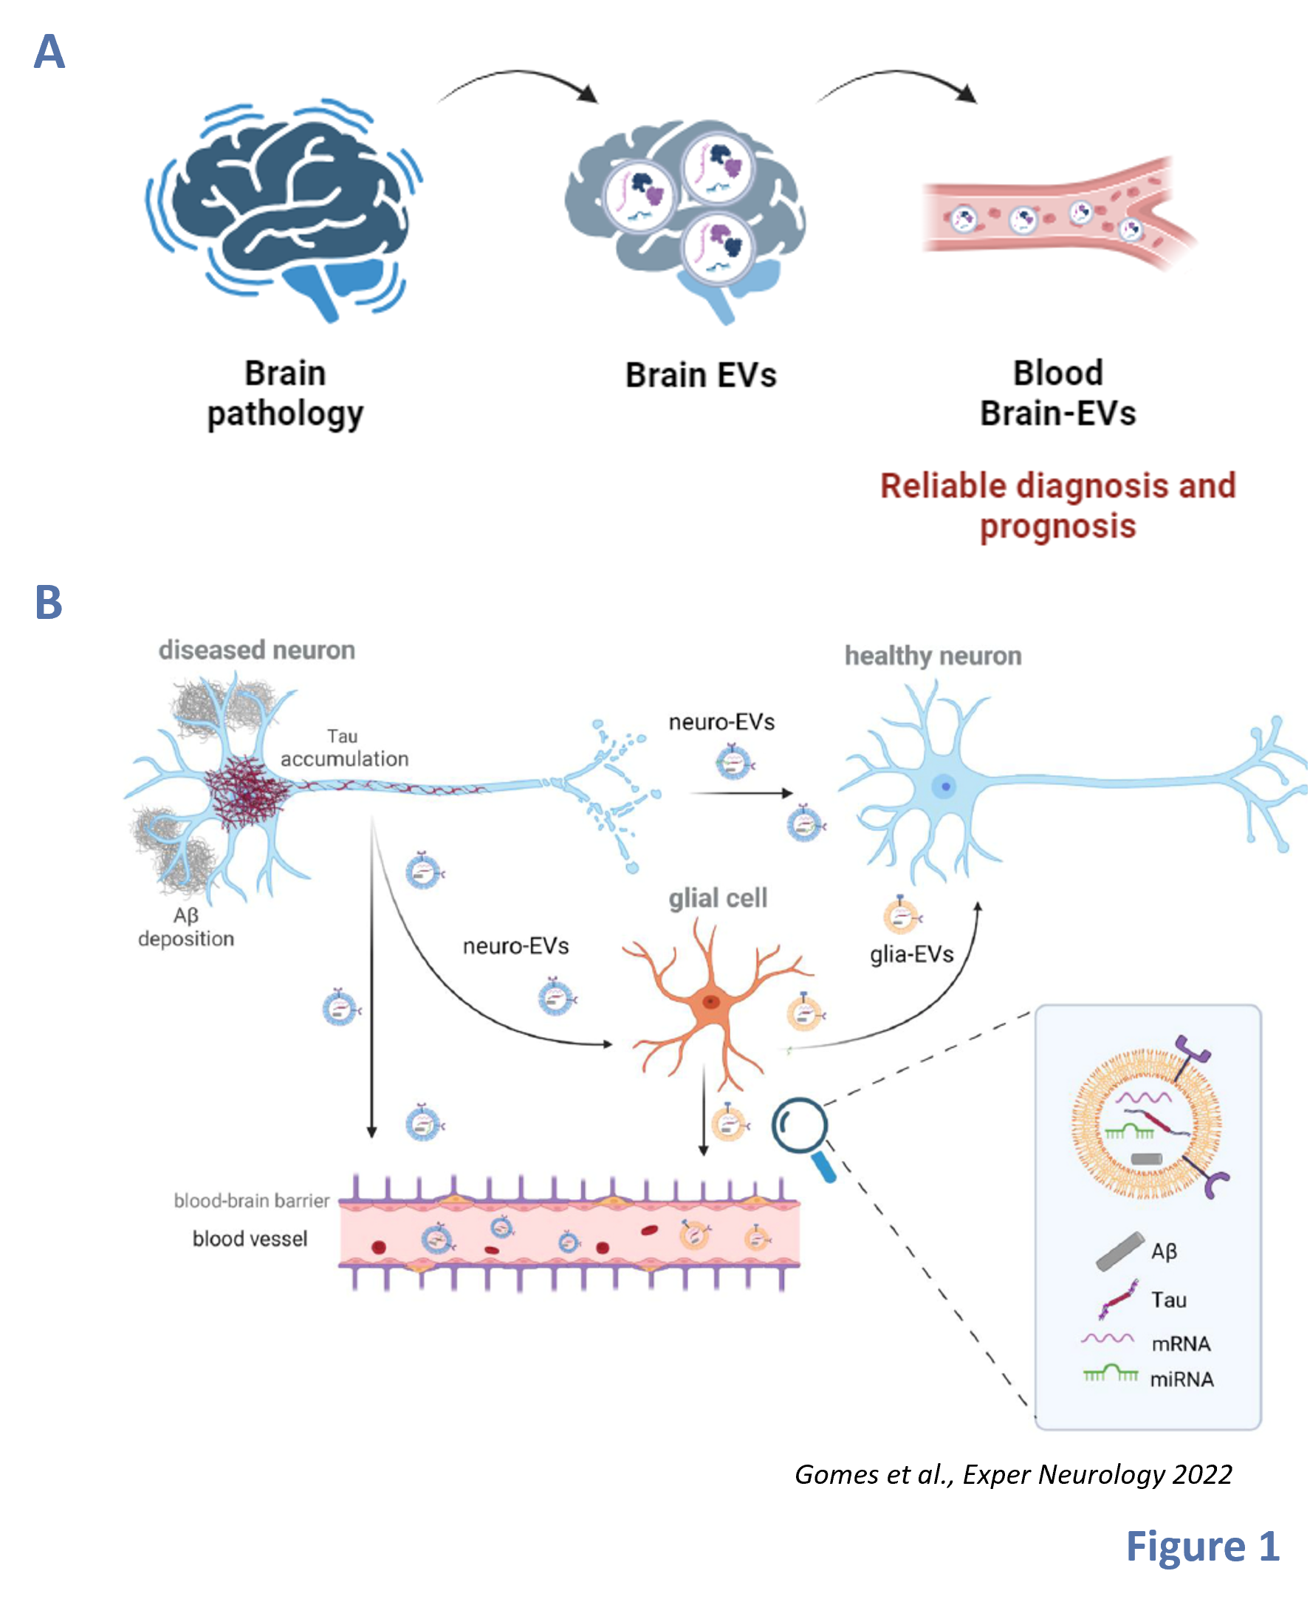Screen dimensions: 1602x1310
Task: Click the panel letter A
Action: click(49, 53)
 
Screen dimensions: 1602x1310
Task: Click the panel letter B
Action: click(49, 603)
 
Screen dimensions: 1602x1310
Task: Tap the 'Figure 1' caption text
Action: click(1202, 1546)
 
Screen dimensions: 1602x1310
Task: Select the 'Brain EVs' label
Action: click(700, 375)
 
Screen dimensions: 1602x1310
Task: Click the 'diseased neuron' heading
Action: click(256, 651)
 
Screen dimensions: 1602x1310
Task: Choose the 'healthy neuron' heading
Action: click(933, 656)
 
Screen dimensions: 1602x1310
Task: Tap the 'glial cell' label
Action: click(718, 898)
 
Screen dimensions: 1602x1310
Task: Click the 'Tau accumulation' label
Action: click(344, 747)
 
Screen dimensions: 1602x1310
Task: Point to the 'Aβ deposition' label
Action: click(186, 928)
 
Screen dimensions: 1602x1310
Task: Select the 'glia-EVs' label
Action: click(911, 954)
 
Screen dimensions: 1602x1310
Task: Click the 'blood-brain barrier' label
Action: click(251, 1200)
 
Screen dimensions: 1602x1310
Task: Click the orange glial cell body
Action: click(710, 1003)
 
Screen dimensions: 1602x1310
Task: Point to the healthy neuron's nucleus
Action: click(944, 787)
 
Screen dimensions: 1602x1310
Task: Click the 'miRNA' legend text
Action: click(1182, 1380)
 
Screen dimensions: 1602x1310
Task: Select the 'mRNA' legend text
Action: click(1181, 1344)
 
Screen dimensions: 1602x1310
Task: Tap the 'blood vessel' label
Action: click(250, 1239)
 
